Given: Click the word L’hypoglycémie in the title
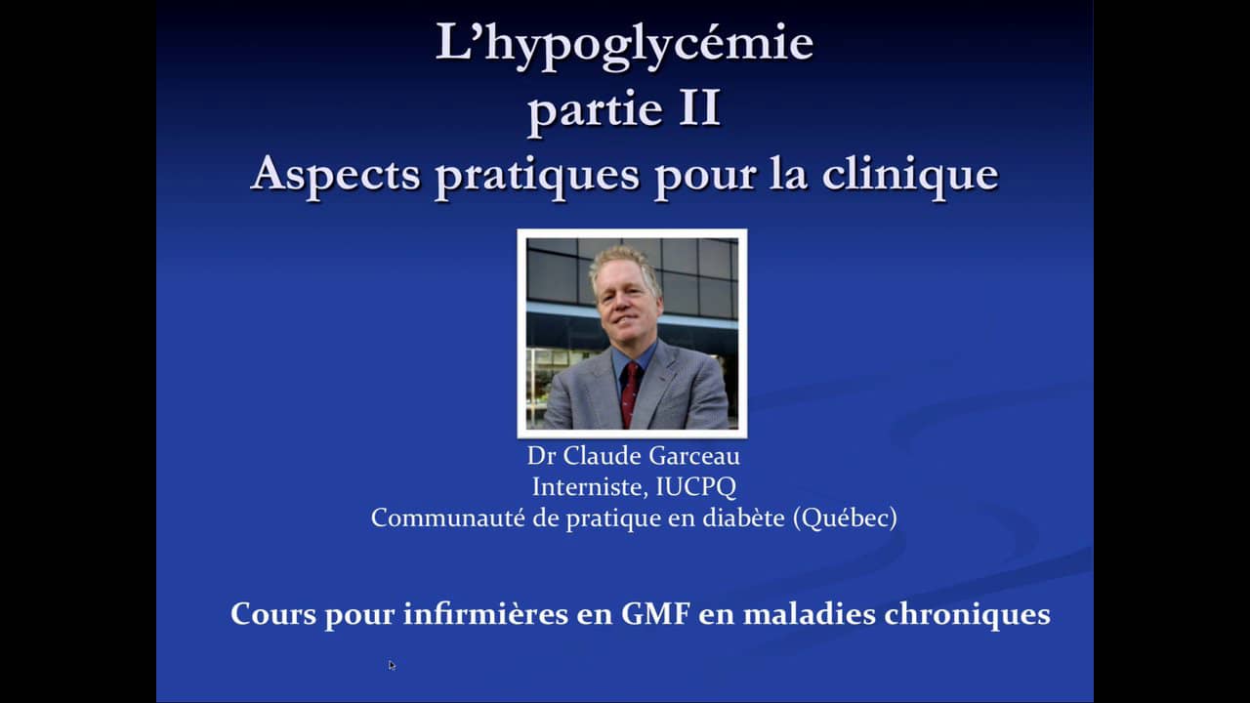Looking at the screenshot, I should [x=624, y=45].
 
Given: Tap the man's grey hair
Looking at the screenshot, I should [x=622, y=262].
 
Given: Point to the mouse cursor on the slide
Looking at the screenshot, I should [x=392, y=665].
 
